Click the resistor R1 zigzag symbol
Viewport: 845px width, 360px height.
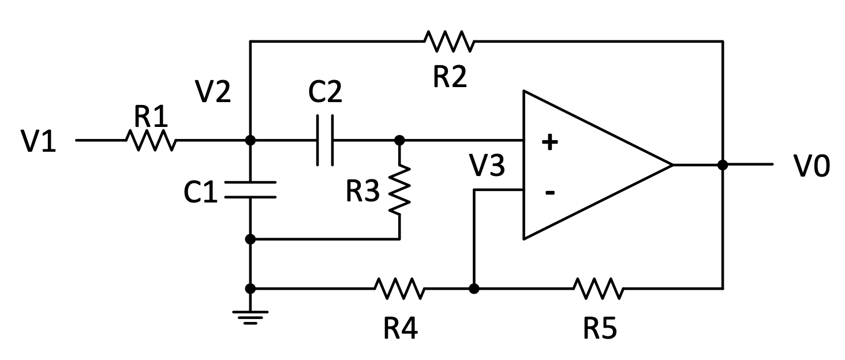[150, 140]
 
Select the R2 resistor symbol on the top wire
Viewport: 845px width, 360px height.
[449, 41]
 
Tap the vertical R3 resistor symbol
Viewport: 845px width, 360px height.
[399, 189]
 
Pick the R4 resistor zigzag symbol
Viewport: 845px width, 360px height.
[399, 288]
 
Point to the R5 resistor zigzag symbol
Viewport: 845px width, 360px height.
[598, 288]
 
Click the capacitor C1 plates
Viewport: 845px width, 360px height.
[250, 190]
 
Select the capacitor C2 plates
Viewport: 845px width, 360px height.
[325, 140]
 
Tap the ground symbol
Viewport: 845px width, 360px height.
[250, 317]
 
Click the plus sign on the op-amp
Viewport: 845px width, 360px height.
[549, 141]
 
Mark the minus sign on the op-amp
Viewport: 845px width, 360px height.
[549, 192]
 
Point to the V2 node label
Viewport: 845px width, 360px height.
[214, 92]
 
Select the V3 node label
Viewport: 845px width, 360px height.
[487, 166]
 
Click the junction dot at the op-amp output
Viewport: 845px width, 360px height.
[722, 164]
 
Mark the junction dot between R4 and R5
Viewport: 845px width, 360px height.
[473, 288]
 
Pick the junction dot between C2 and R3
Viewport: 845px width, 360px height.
[399, 140]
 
